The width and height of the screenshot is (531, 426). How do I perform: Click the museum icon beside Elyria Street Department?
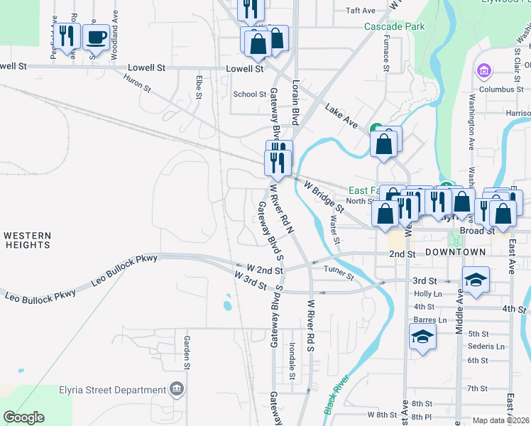(x=177, y=389)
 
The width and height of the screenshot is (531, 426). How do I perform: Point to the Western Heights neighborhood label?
(x=27, y=240)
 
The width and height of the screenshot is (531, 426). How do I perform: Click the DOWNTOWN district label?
(x=456, y=252)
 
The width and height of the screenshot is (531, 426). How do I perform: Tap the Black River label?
(x=338, y=394)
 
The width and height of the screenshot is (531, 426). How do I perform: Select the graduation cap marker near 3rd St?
(x=476, y=280)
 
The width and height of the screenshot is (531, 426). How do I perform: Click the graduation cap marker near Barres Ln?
(x=422, y=337)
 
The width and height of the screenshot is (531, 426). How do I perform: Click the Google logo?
(x=23, y=417)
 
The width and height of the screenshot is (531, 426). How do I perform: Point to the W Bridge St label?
(x=324, y=197)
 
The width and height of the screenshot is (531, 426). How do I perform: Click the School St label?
(x=249, y=94)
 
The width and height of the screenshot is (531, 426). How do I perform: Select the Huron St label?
(x=137, y=85)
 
